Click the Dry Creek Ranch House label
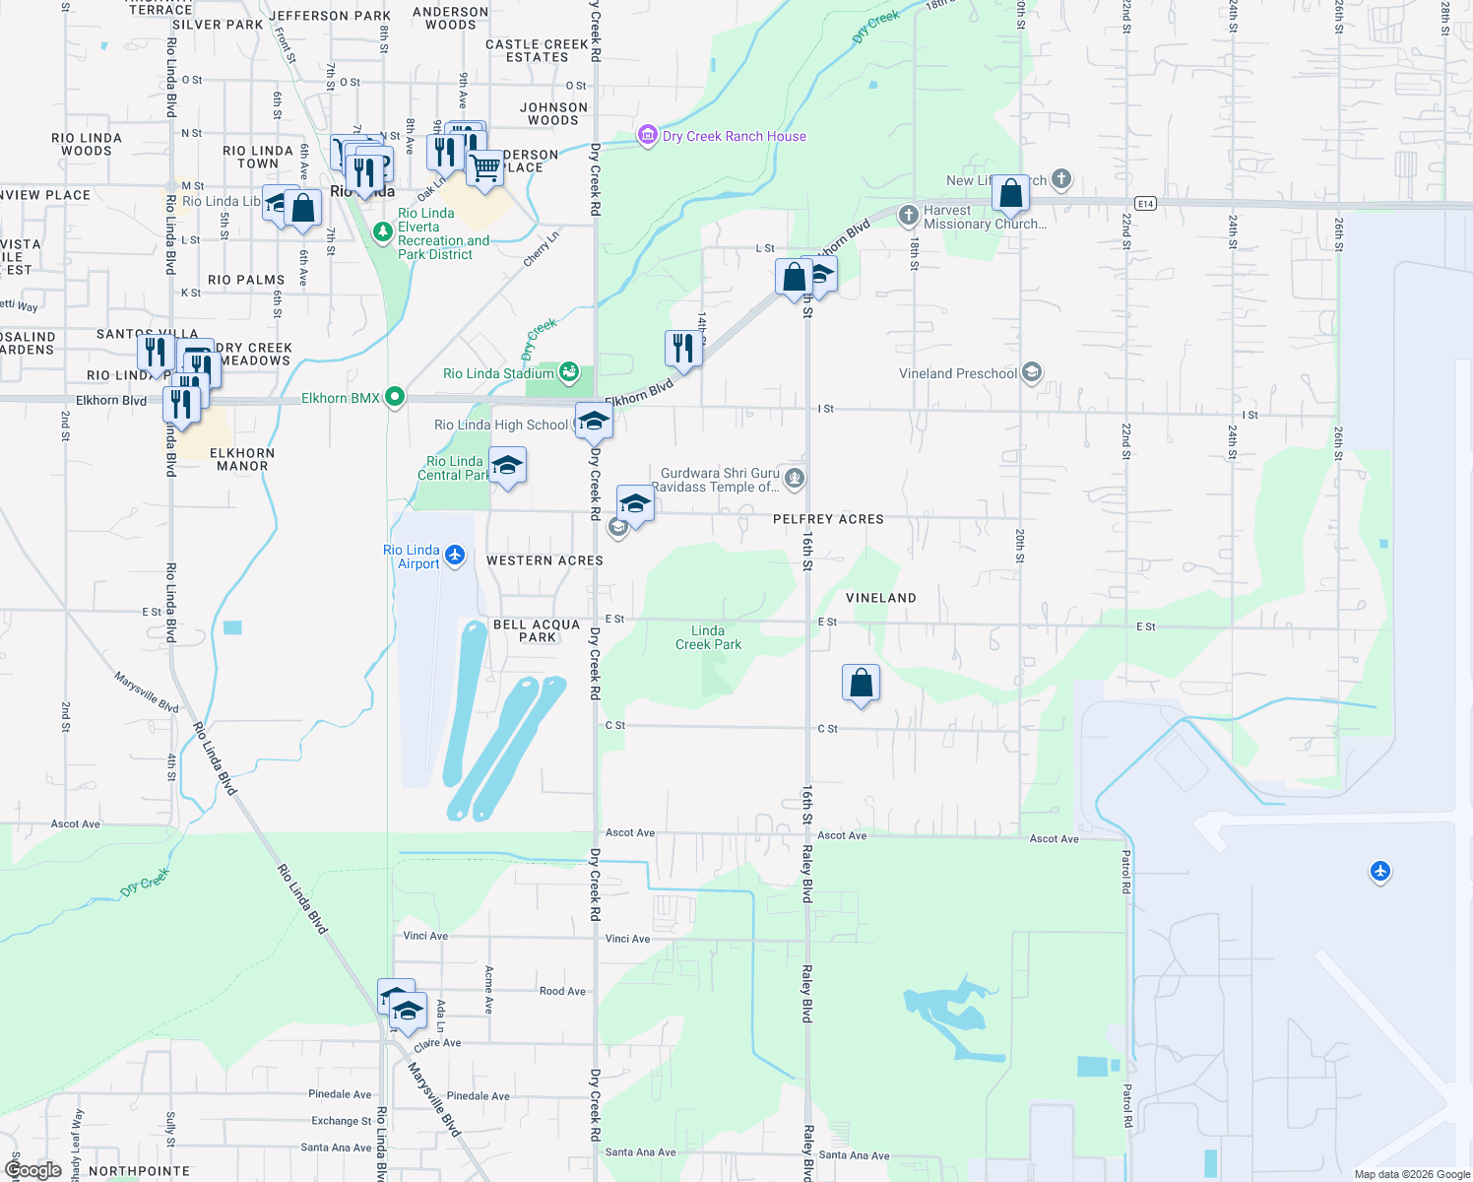tap(735, 136)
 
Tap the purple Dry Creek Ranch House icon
tap(647, 136)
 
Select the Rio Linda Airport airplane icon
tap(455, 556)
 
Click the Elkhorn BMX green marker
tap(395, 397)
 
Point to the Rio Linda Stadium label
tap(498, 373)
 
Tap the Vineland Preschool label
tap(958, 373)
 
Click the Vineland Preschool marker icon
tap(1031, 372)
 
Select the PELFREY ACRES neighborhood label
tap(828, 519)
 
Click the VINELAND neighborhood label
tap(881, 598)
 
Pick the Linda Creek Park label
tap(709, 637)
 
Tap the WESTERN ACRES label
tap(544, 560)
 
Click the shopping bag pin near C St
tap(861, 683)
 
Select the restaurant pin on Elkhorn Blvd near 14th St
tap(682, 348)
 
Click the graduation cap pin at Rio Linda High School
tap(594, 422)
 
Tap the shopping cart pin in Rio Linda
tap(484, 167)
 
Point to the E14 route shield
tap(1144, 203)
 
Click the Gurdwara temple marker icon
tap(796, 480)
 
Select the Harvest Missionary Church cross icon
tap(909, 214)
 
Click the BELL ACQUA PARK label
tap(537, 630)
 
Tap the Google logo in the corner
tap(33, 1170)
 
